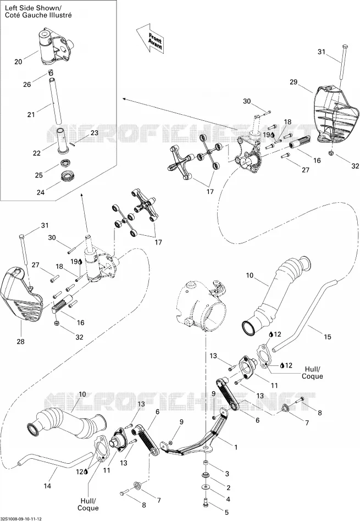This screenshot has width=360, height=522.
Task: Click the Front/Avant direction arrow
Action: pyautogui.click(x=151, y=38)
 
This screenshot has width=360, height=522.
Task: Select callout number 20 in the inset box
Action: pyautogui.click(x=18, y=62)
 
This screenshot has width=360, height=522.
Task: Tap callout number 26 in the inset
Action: pyautogui.click(x=27, y=85)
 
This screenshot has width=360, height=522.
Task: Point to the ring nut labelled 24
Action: pyautogui.click(x=69, y=175)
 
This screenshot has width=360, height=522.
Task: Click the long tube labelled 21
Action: pyautogui.click(x=56, y=99)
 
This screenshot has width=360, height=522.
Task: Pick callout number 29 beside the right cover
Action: pyautogui.click(x=293, y=82)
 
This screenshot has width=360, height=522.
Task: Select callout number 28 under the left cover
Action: pyautogui.click(x=21, y=341)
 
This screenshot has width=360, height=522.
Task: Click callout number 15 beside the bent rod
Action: pyautogui.click(x=328, y=337)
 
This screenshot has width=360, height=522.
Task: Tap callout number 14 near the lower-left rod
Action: pyautogui.click(x=48, y=486)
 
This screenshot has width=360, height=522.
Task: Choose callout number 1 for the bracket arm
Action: pyautogui.click(x=236, y=447)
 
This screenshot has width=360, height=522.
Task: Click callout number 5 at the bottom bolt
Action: pyautogui.click(x=226, y=512)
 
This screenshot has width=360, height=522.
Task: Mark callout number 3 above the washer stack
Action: pyautogui.click(x=227, y=474)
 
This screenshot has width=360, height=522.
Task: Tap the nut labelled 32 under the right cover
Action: pyautogui.click(x=331, y=153)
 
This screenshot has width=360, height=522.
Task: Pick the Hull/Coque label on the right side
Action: pyautogui.click(x=312, y=373)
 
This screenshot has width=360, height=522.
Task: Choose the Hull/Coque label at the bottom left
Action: pyautogui.click(x=88, y=504)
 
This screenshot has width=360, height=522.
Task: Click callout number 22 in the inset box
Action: pyautogui.click(x=37, y=153)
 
